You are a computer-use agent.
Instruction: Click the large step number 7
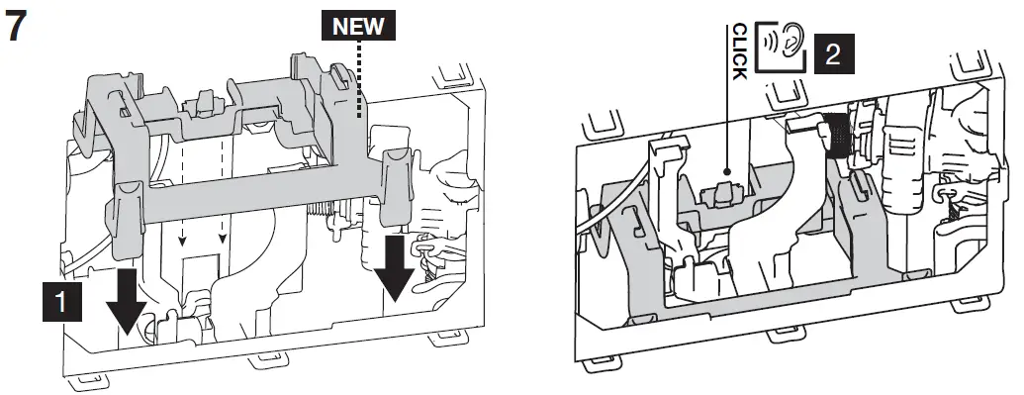click(17, 26)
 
